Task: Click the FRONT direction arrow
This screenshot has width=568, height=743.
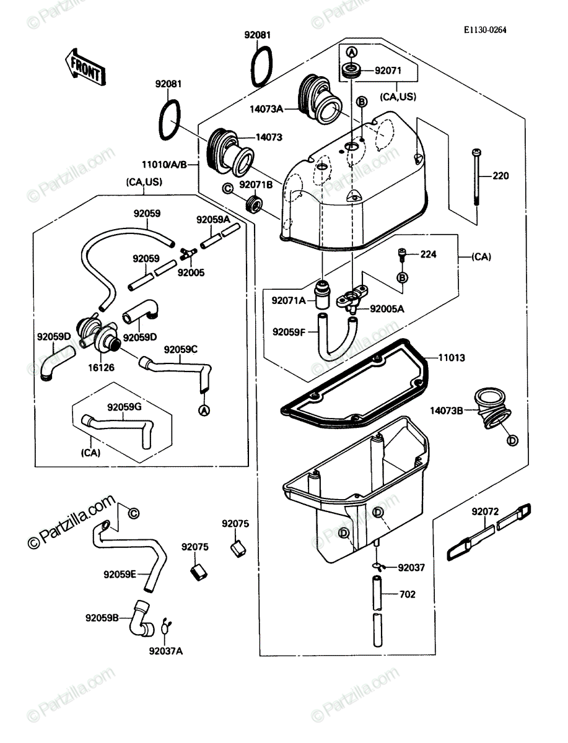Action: click(x=85, y=67)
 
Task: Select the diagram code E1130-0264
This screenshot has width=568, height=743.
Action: click(x=485, y=30)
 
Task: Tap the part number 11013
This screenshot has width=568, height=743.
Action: click(x=452, y=357)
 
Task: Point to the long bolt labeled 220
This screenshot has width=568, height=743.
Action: click(x=476, y=177)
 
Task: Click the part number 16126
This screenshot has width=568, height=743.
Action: click(x=101, y=367)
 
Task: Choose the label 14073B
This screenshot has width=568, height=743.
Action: click(x=447, y=411)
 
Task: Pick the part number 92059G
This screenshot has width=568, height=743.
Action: click(x=125, y=407)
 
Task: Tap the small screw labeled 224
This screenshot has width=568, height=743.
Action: click(x=401, y=255)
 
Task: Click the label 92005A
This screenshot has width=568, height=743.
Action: click(x=387, y=309)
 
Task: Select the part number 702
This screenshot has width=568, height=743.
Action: click(x=407, y=594)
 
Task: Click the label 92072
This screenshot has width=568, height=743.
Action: click(x=486, y=511)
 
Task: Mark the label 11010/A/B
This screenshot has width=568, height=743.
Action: click(x=164, y=165)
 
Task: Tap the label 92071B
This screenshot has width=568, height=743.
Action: click(x=256, y=185)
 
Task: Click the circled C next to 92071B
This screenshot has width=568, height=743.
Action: click(x=228, y=188)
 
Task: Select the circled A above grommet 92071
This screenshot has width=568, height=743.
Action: click(x=352, y=52)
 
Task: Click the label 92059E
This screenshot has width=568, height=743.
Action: click(x=120, y=575)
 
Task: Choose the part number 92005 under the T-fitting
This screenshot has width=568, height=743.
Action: click(x=191, y=272)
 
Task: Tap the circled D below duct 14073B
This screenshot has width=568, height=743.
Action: click(x=512, y=440)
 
